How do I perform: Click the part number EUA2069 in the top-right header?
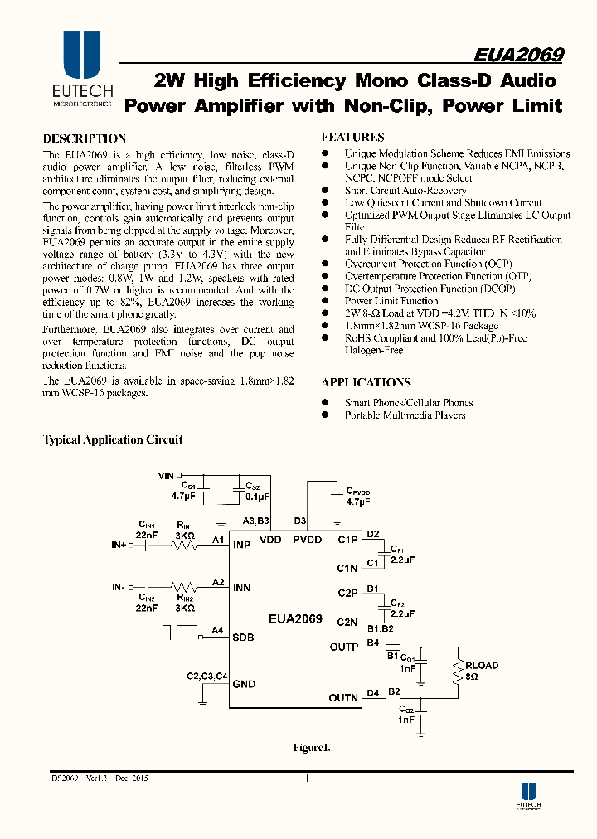tap(518, 55)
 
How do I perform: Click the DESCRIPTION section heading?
tap(85, 138)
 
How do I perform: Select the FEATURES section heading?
tap(352, 137)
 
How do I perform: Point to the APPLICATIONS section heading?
tap(366, 382)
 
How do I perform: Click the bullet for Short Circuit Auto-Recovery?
tap(326, 191)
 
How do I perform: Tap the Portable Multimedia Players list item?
tap(405, 415)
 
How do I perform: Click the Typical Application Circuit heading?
tap(113, 440)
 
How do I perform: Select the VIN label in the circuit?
tap(166, 476)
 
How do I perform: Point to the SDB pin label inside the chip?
tap(244, 638)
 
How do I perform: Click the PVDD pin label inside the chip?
tap(307, 540)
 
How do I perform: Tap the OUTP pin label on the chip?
tap(343, 647)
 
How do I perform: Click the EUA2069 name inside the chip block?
tap(294, 619)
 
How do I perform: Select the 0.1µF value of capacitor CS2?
tap(257, 497)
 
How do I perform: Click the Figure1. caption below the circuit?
tap(311, 748)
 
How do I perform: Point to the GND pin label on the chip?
tap(245, 684)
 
